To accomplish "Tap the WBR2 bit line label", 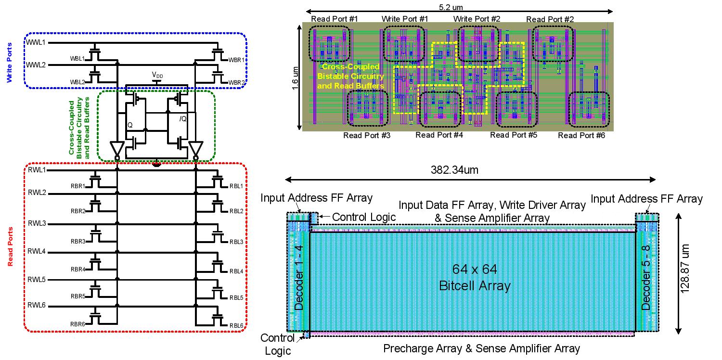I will point(236,83).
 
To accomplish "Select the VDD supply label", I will point(156,75).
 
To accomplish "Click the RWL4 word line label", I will point(37,251).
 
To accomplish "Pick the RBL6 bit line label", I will point(236,325).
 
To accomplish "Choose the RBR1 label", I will point(77,186).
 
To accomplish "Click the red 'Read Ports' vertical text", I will point(10,247).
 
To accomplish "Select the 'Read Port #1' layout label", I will point(335,19).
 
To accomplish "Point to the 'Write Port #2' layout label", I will point(477,19).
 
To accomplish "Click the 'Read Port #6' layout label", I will point(581,136).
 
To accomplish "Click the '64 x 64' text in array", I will point(475,269).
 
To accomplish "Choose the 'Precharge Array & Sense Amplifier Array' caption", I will point(481,348).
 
